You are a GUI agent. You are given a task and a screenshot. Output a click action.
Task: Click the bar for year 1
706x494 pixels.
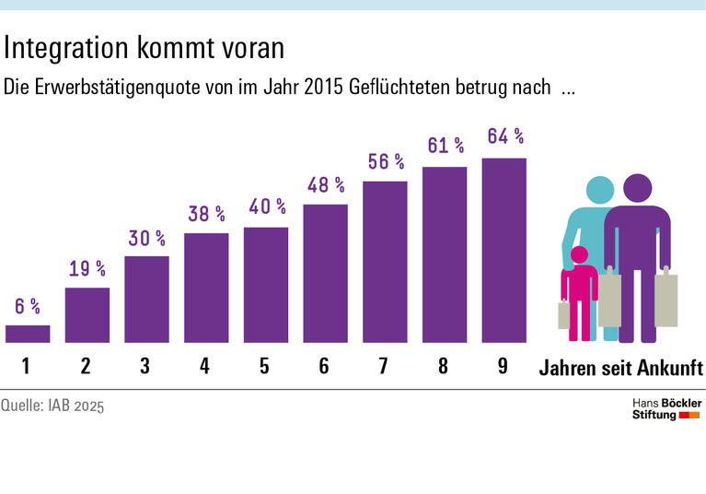point(28,334)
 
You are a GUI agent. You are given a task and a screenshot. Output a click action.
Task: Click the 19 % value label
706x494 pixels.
point(87,269)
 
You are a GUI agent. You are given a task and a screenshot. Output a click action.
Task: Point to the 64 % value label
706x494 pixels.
point(504,137)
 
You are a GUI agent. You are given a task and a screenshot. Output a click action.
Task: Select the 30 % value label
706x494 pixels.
point(146,238)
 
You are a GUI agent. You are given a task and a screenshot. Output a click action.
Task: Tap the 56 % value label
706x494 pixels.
point(385,161)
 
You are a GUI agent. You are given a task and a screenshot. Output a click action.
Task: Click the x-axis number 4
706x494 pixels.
point(204,366)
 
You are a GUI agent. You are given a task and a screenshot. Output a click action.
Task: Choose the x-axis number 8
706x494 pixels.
point(444,366)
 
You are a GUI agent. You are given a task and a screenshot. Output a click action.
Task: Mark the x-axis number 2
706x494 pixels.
point(86,366)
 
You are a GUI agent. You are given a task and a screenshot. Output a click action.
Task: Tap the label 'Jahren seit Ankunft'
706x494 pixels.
point(619,368)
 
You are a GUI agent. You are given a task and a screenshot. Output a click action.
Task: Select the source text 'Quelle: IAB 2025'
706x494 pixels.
point(52,406)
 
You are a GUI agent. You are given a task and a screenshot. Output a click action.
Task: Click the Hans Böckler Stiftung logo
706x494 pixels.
point(666,409)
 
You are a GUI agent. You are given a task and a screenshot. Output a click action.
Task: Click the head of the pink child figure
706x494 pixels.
point(580,255)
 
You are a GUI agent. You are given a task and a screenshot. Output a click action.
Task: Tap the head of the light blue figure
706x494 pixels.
point(600,191)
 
